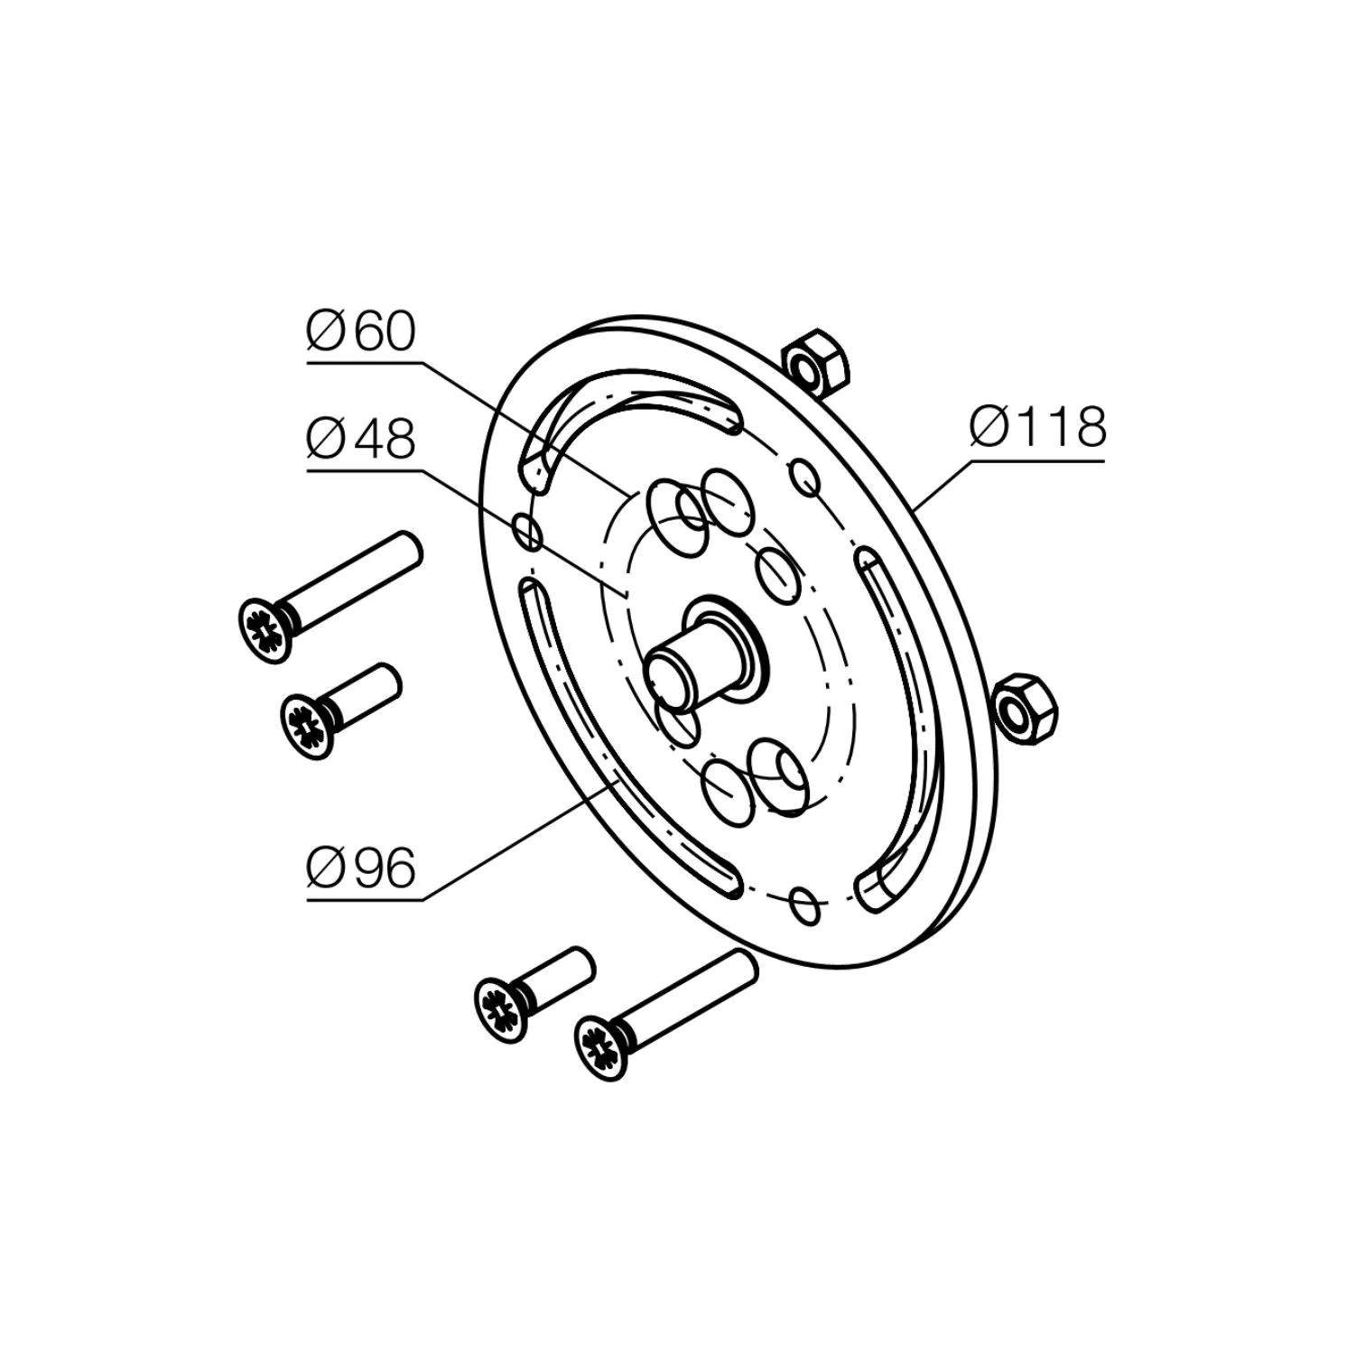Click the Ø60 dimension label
pyautogui.click(x=361, y=331)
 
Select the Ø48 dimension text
pyautogui.click(x=361, y=440)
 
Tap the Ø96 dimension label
pyautogui.click(x=361, y=868)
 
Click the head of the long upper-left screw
pyautogui.click(x=267, y=630)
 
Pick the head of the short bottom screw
pyautogui.click(x=500, y=1010)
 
